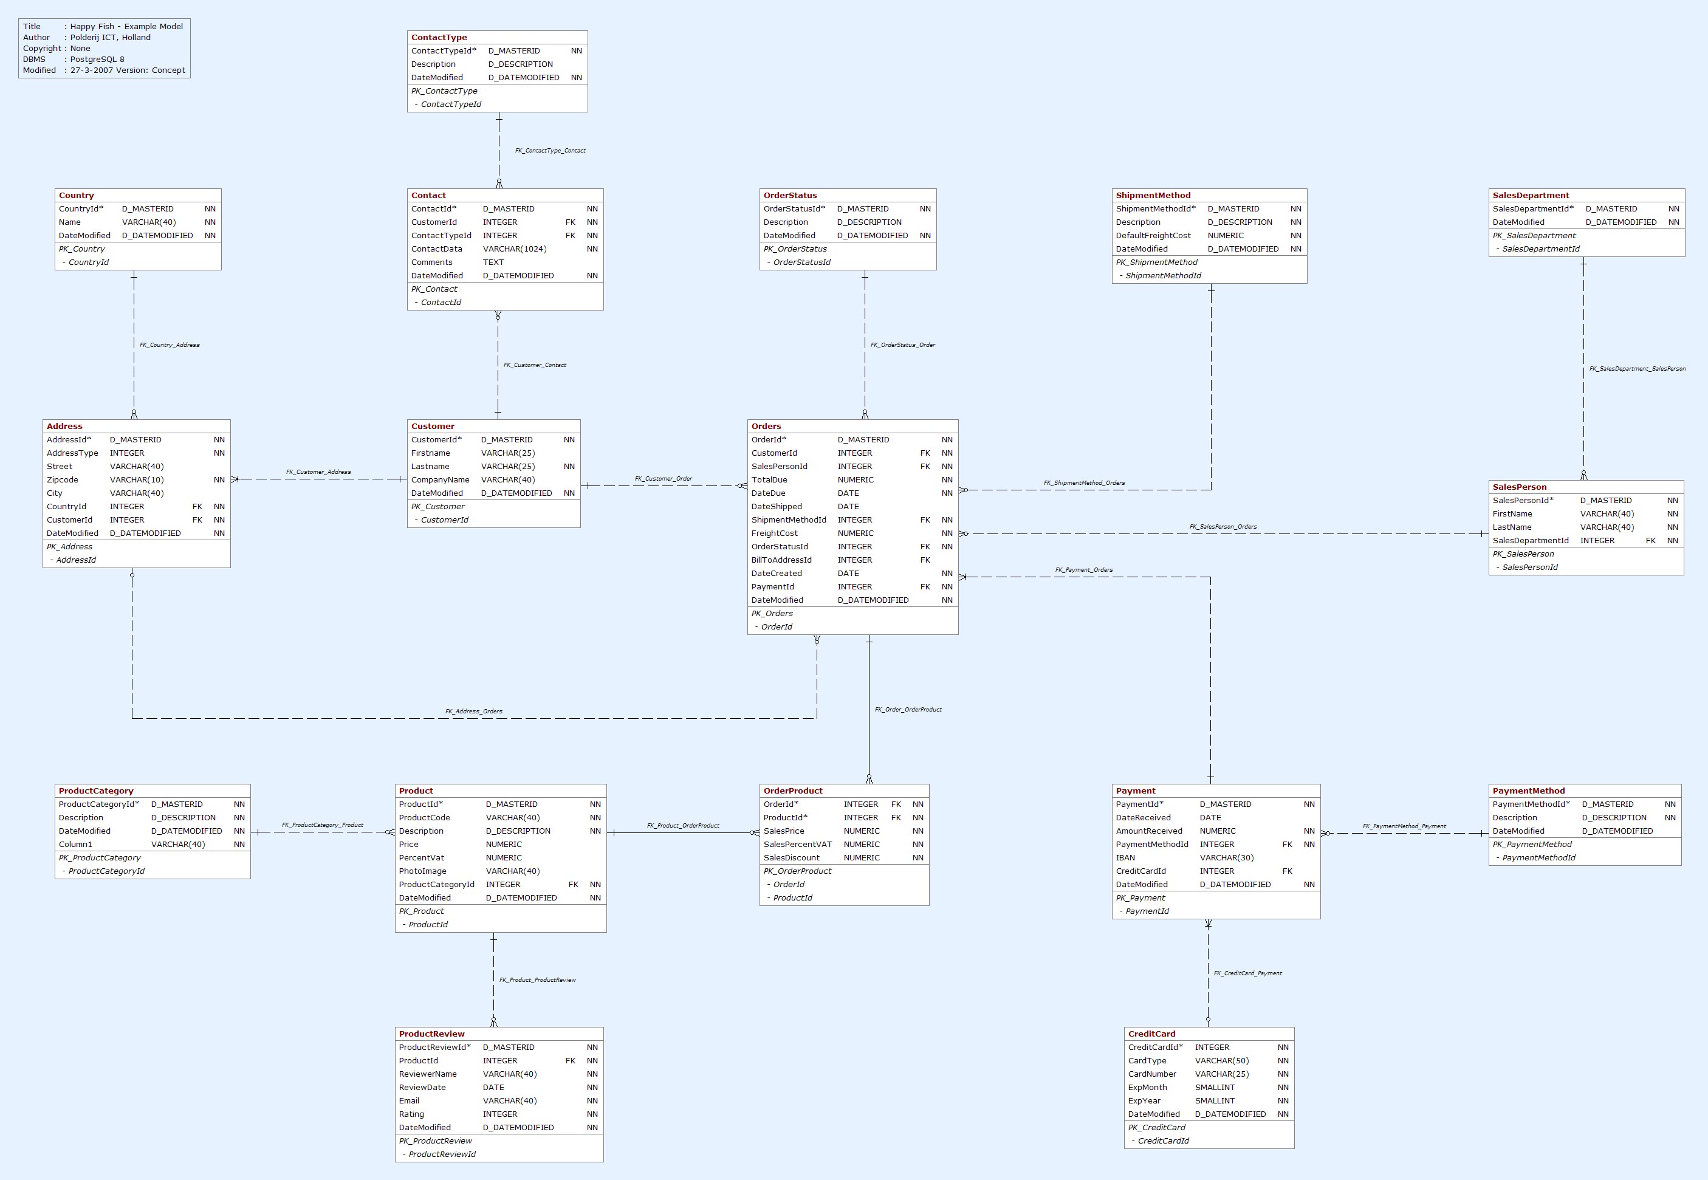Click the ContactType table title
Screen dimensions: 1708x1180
tap(439, 37)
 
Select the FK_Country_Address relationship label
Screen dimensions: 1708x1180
tap(170, 345)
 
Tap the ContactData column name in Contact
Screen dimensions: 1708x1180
tap(436, 249)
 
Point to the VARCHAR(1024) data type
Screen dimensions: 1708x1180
tap(515, 249)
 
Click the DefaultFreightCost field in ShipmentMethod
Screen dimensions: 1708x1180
tap(1153, 236)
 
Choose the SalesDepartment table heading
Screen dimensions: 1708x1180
tap(1531, 195)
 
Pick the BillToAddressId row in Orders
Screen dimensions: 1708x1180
tap(781, 560)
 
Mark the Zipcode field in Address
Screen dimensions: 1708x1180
tap(62, 480)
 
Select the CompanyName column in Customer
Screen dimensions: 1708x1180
tap(440, 480)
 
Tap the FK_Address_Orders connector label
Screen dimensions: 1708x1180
tap(473, 712)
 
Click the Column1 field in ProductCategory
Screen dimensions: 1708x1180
tap(75, 845)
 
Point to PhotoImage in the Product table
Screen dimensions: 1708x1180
tap(422, 871)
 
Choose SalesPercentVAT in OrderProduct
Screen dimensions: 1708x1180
tap(797, 845)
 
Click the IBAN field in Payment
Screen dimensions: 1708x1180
tap(1125, 857)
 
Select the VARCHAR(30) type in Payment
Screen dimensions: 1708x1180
tap(1227, 857)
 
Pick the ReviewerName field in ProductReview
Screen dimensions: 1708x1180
tap(427, 1074)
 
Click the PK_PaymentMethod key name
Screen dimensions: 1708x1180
tap(1532, 845)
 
